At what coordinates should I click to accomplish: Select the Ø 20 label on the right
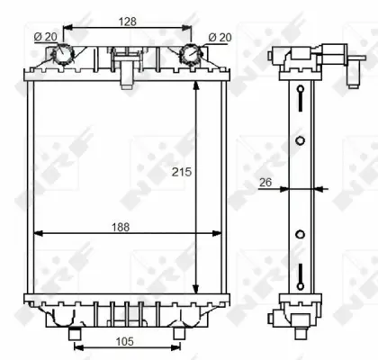click(x=218, y=37)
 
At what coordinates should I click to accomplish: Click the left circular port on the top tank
click(x=63, y=55)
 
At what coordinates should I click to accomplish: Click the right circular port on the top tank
click(x=189, y=55)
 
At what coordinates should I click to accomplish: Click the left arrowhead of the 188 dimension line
click(x=38, y=234)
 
